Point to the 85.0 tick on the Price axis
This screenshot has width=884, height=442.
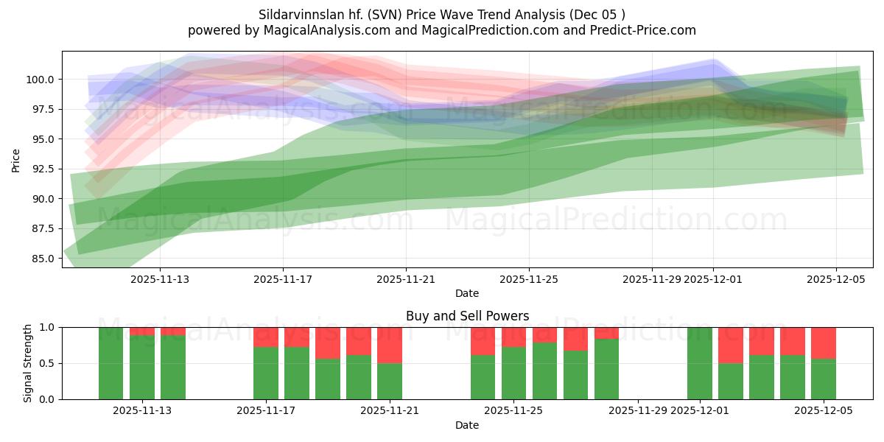click(x=45, y=259)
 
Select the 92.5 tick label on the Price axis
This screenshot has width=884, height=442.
click(x=45, y=169)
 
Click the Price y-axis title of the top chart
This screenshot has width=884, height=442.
click(x=16, y=159)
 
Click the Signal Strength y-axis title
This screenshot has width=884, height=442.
click(x=28, y=363)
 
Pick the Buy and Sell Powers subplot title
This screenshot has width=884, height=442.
click(x=467, y=316)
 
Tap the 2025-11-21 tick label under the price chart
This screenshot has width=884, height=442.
click(x=406, y=279)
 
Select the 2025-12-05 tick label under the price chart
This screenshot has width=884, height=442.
click(x=835, y=279)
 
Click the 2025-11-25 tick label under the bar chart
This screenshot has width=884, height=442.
click(x=513, y=411)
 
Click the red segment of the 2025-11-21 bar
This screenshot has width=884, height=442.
click(x=390, y=345)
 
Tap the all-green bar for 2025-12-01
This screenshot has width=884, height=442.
click(x=700, y=363)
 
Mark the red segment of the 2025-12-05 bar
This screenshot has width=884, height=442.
click(x=824, y=343)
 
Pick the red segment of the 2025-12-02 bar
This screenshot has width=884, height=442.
click(x=731, y=345)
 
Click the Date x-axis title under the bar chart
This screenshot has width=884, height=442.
click(x=467, y=425)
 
